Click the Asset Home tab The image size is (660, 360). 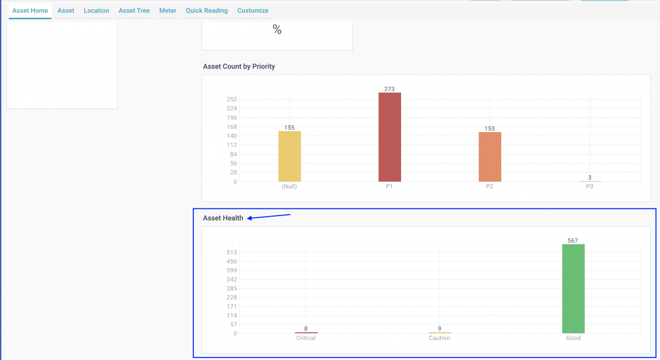(30, 10)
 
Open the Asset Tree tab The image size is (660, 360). (134, 10)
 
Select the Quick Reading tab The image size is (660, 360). (207, 10)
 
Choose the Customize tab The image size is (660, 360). (253, 10)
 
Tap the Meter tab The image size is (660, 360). (168, 10)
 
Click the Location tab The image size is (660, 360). (96, 10)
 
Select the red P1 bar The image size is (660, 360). (389, 137)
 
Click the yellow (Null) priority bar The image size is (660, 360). (289, 156)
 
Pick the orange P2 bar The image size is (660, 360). (489, 157)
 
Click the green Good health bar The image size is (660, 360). (573, 289)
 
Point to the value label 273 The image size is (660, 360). (389, 89)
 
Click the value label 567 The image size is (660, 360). (573, 241)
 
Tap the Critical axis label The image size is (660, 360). (306, 338)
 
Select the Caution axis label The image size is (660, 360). (439, 338)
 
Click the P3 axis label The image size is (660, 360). (589, 187)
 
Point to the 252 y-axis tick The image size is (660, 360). (232, 99)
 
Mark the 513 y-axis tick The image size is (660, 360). (232, 252)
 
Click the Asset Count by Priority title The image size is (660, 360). (239, 67)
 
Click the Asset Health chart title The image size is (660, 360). (223, 218)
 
